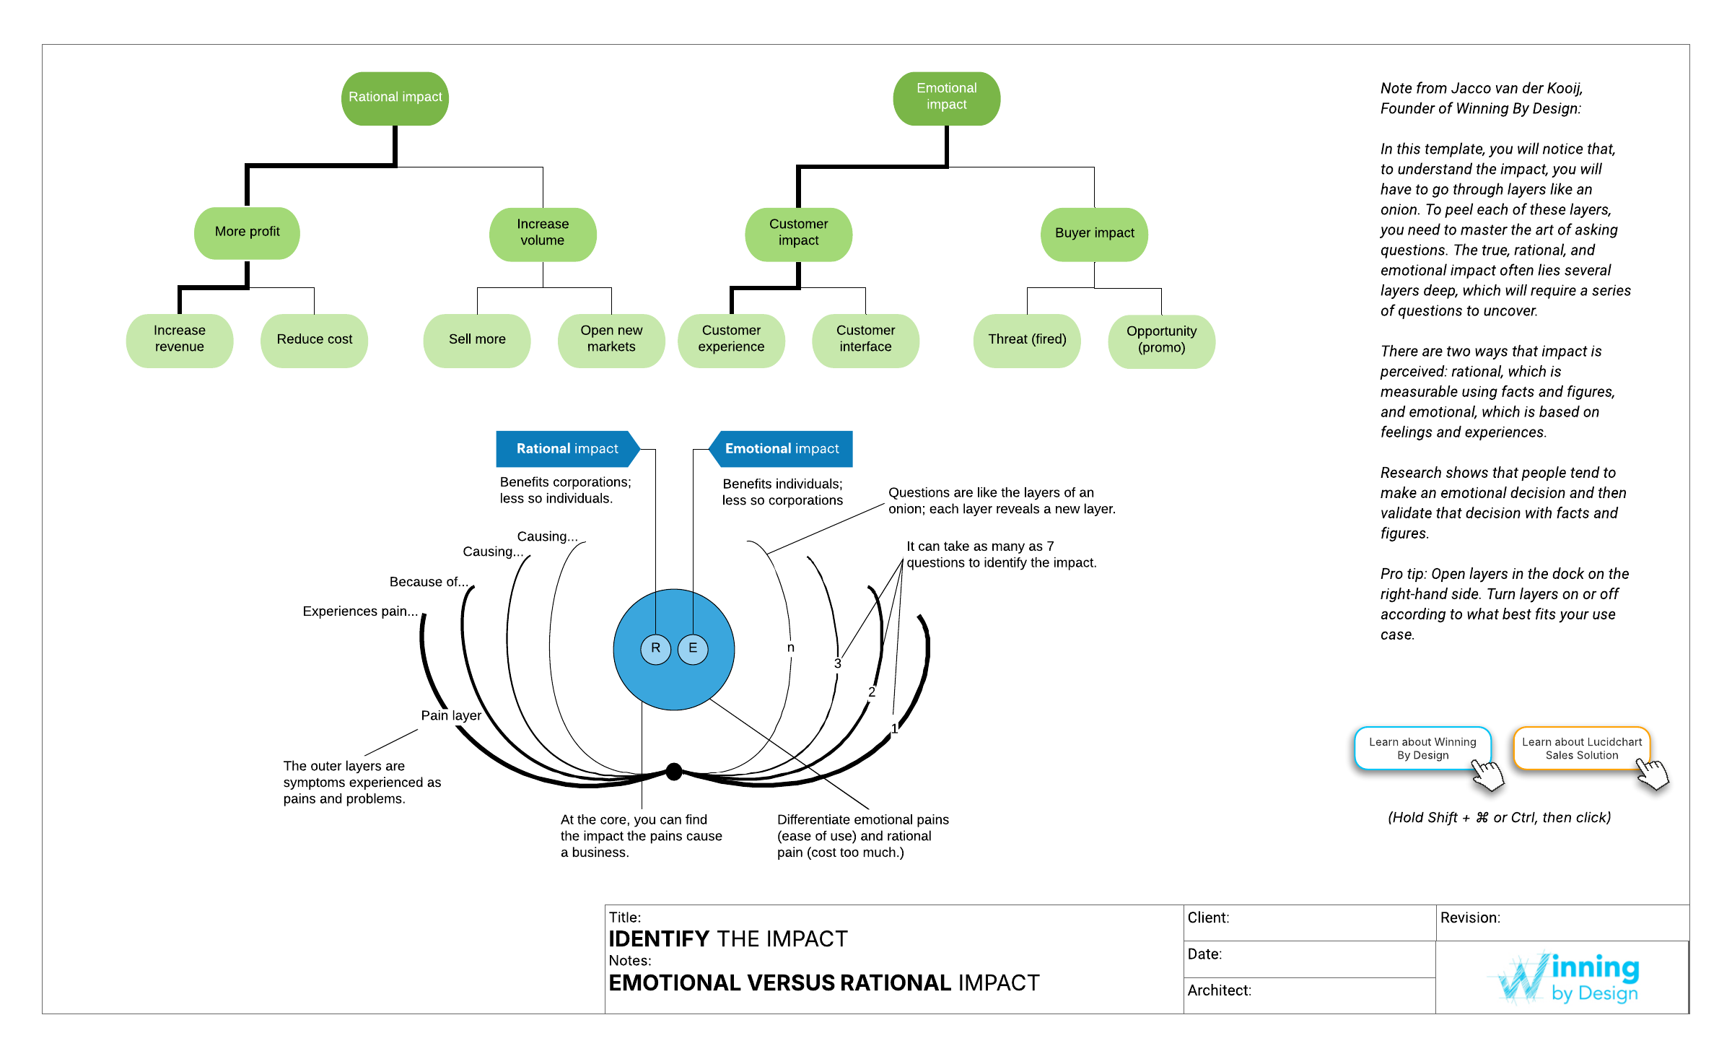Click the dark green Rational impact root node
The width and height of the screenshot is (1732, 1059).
(395, 98)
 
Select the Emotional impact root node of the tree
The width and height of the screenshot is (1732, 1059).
(946, 98)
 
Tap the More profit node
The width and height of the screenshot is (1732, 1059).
(247, 232)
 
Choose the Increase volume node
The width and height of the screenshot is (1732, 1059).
(543, 233)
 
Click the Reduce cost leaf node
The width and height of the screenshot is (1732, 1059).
(314, 340)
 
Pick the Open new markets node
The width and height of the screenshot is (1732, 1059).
(611, 340)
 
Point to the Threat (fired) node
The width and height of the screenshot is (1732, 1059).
(1027, 340)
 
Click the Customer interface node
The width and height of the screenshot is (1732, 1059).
(865, 340)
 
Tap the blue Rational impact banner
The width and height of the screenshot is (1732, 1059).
(567, 449)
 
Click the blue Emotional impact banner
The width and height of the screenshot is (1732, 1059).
(782, 449)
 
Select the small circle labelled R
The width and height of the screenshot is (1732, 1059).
(655, 649)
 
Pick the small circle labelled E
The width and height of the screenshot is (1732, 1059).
(693, 649)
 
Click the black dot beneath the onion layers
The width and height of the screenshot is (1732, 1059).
(674, 772)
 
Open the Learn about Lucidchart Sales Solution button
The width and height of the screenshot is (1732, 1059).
(1581, 749)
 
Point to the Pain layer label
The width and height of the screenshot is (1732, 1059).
(451, 715)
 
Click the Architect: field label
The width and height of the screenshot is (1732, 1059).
(1219, 991)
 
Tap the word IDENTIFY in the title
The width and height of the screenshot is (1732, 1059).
(659, 939)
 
